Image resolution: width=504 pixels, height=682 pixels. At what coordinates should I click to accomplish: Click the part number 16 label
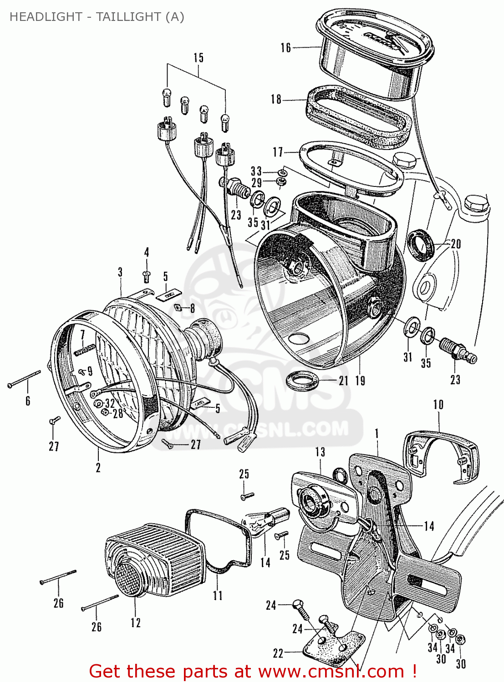click(285, 48)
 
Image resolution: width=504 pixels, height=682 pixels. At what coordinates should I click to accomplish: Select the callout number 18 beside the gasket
click(276, 100)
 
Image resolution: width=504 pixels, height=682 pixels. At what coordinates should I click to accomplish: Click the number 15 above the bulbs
click(199, 58)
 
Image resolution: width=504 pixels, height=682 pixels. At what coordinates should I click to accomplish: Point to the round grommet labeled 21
click(302, 381)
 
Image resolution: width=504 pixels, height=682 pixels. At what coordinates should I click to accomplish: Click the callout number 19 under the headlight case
click(360, 381)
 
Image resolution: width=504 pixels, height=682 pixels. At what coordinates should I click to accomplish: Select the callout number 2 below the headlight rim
click(98, 467)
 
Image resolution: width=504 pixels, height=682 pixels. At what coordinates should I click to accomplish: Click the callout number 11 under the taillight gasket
click(218, 595)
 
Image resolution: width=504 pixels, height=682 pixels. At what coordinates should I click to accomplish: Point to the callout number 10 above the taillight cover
click(438, 405)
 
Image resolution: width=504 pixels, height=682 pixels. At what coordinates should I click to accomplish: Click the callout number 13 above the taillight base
click(320, 452)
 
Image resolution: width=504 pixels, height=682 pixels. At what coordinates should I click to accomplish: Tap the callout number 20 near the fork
click(456, 244)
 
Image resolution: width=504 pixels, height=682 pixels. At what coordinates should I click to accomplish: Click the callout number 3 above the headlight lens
click(120, 272)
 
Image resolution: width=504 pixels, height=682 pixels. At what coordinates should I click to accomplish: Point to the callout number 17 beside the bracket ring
click(278, 152)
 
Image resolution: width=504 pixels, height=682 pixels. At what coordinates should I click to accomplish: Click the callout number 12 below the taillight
click(136, 622)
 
